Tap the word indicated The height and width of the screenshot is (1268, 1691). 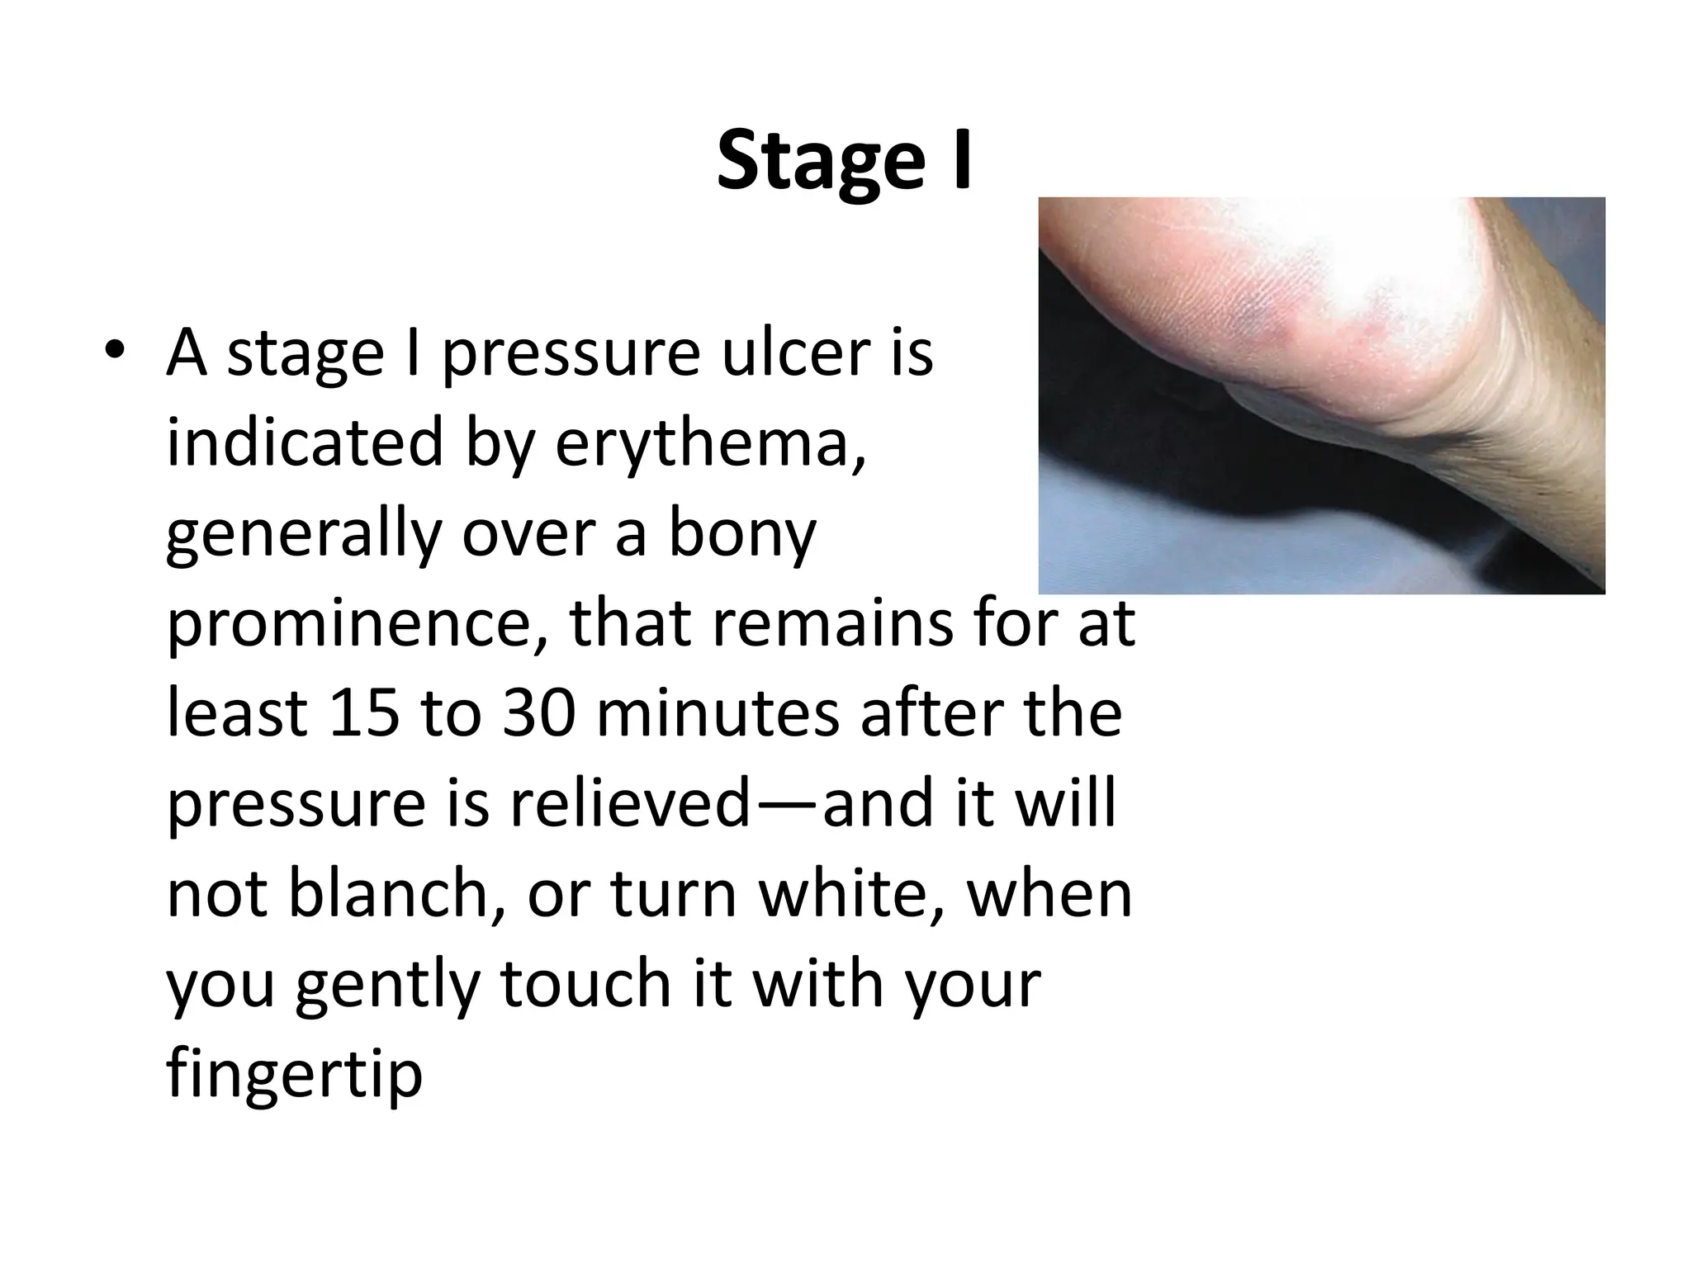[x=305, y=442]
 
